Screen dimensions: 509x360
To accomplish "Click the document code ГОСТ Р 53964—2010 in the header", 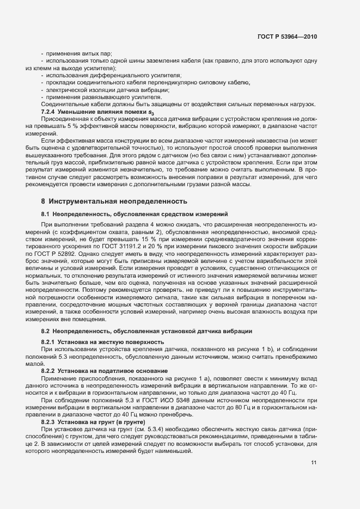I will (x=286, y=36).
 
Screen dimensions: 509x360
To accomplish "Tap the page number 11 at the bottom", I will (x=314, y=462).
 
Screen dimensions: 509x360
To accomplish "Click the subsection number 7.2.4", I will (x=49, y=111).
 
